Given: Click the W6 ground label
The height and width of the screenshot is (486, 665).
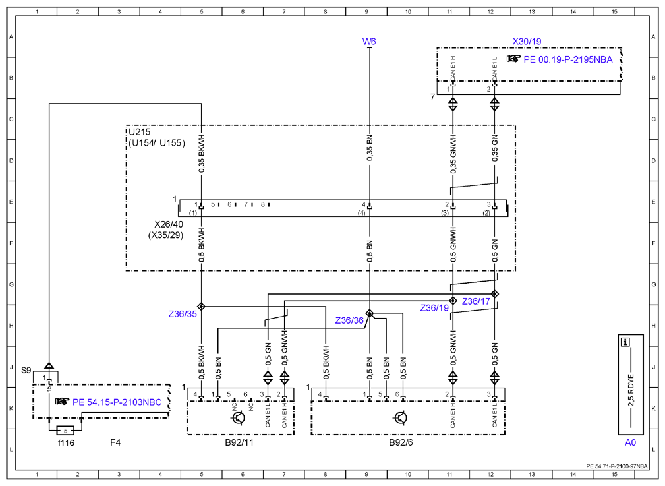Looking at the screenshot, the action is pyautogui.click(x=369, y=41).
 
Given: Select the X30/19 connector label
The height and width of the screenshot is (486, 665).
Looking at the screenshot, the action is pyautogui.click(x=527, y=41).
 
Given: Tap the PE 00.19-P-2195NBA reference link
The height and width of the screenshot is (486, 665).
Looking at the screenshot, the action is pyautogui.click(x=568, y=59).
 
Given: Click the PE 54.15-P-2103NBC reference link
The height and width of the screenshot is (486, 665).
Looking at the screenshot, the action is pyautogui.click(x=117, y=402).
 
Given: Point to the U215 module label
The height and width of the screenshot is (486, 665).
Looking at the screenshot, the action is pyautogui.click(x=140, y=132).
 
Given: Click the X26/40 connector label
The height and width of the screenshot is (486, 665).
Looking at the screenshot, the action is pyautogui.click(x=169, y=224).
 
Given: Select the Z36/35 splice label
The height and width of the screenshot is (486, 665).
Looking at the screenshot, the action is pyautogui.click(x=183, y=314).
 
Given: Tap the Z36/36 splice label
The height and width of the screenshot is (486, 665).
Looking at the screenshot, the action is pyautogui.click(x=349, y=320).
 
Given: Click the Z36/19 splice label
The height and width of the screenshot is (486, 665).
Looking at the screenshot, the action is pyautogui.click(x=434, y=308).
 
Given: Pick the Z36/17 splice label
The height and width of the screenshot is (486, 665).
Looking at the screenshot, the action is pyautogui.click(x=476, y=301).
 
